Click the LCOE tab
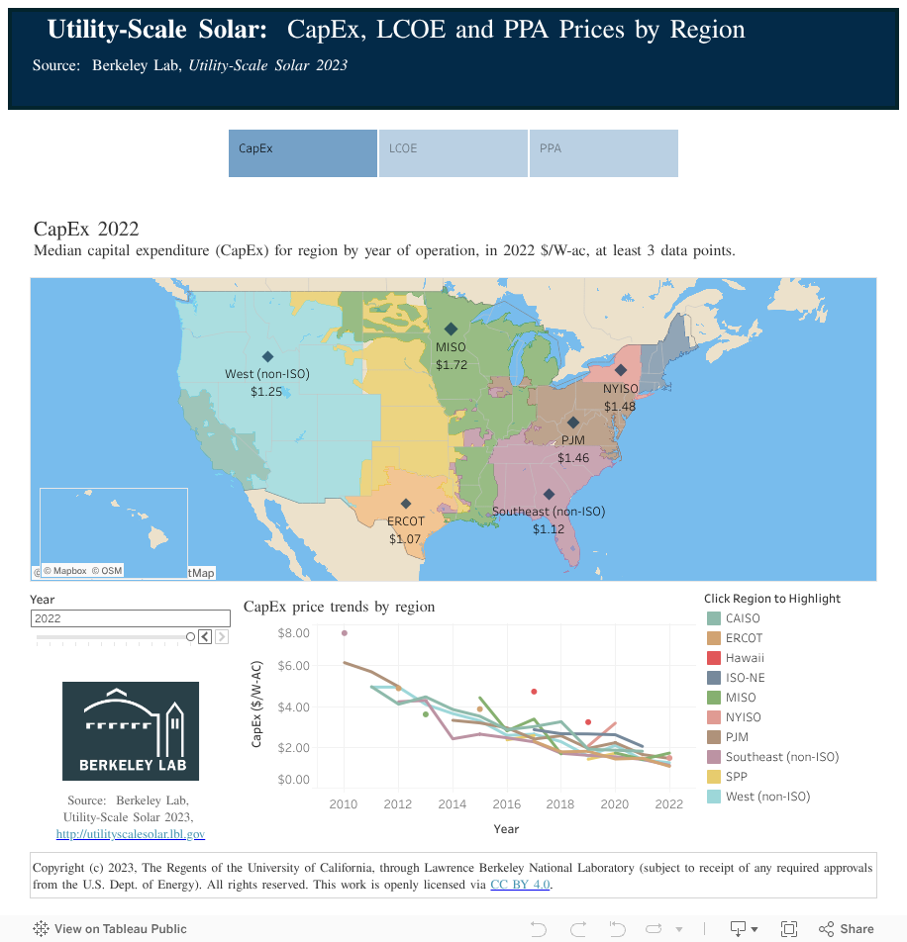pyautogui.click(x=453, y=153)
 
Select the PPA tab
pyautogui.click(x=603, y=153)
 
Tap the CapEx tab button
pyautogui.click(x=302, y=153)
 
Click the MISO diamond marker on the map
pyautogui.click(x=451, y=330)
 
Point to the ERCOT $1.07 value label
pyautogui.click(x=405, y=539)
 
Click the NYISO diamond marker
pyautogui.click(x=621, y=370)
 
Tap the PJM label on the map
pyautogui.click(x=572, y=440)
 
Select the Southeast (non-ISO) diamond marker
pyautogui.click(x=549, y=495)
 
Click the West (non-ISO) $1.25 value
pyautogui.click(x=266, y=392)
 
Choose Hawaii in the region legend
pyautogui.click(x=745, y=658)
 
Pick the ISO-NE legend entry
pyautogui.click(x=745, y=678)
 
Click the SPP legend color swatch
pyautogui.click(x=713, y=777)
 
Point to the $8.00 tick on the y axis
pyautogui.click(x=294, y=632)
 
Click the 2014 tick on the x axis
pyautogui.click(x=453, y=804)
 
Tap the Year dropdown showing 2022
pyautogui.click(x=130, y=618)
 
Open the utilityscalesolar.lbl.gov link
pyautogui.click(x=131, y=834)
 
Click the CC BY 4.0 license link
pyautogui.click(x=520, y=885)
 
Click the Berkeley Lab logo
pyautogui.click(x=131, y=730)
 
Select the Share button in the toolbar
pyautogui.click(x=847, y=929)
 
